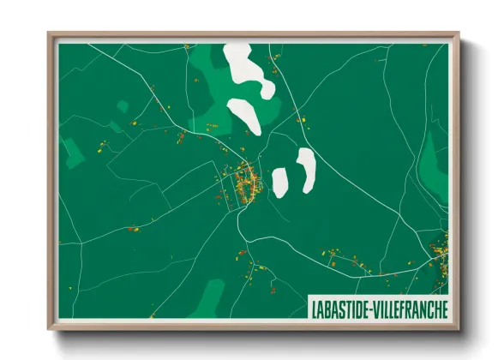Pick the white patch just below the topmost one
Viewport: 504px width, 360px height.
pos(244,115)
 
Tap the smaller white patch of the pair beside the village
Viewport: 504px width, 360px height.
pos(279,181)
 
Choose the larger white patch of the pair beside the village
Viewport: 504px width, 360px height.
pos(305,169)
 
